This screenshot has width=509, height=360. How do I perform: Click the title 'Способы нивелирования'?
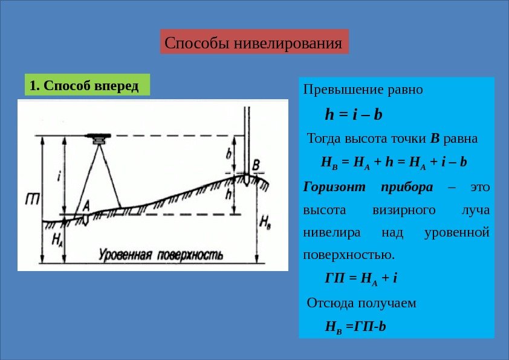point(254,43)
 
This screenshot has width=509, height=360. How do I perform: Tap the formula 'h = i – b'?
point(354,114)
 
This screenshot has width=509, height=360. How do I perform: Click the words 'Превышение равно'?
point(363,90)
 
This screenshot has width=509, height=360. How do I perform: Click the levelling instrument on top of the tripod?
point(97,137)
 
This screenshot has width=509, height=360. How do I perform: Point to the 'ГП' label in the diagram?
point(33,197)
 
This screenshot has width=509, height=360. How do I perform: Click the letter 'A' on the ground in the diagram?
point(86,205)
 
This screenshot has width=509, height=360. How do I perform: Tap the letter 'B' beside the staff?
point(256,165)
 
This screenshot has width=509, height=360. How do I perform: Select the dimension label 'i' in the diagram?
point(59,176)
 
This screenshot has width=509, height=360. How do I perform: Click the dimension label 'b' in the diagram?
point(230,154)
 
